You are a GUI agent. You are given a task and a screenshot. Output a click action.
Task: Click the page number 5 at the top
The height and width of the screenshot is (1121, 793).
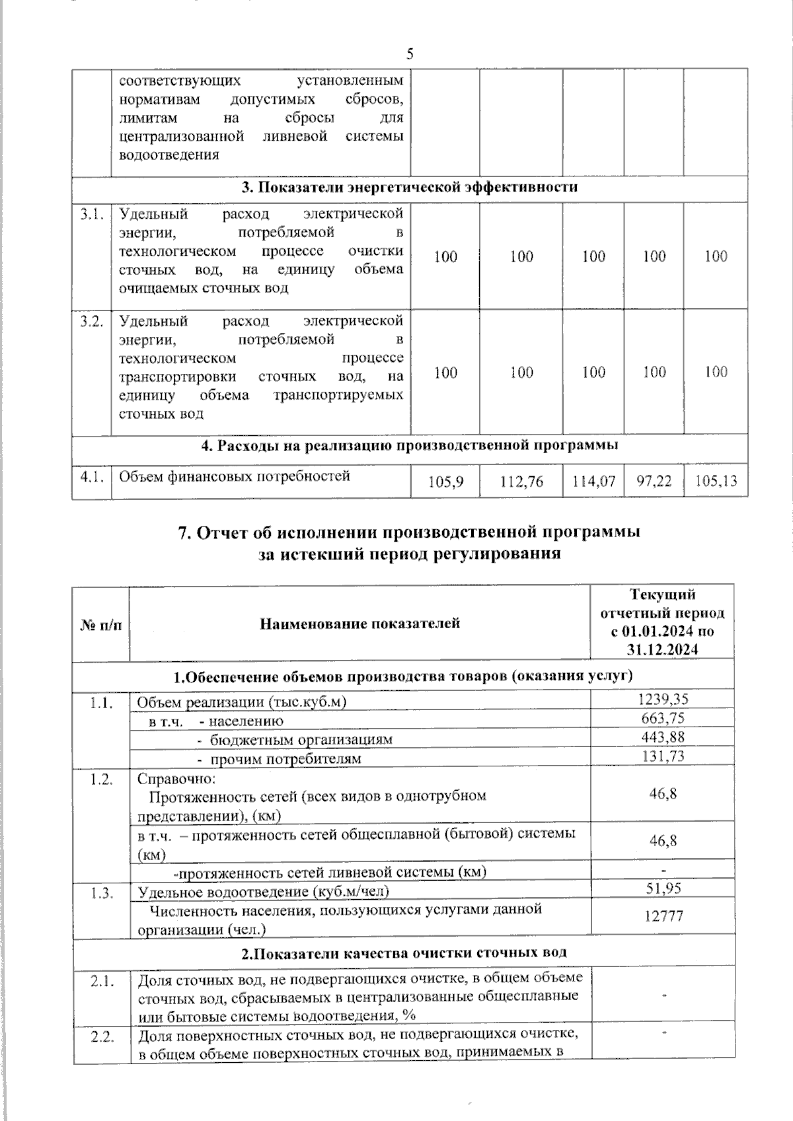pyautogui.click(x=410, y=54)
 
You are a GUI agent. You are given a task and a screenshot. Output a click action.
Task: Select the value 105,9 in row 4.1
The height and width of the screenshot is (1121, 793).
pyautogui.click(x=445, y=482)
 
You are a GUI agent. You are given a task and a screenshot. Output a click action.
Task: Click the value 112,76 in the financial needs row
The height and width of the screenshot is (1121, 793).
pyautogui.click(x=521, y=482)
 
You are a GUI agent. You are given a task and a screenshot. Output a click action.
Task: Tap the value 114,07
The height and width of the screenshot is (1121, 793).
pyautogui.click(x=593, y=482)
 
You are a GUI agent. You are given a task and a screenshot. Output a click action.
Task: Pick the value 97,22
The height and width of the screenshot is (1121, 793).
pyautogui.click(x=654, y=482)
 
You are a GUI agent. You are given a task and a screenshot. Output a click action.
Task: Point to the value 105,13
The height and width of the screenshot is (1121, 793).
pyautogui.click(x=716, y=482)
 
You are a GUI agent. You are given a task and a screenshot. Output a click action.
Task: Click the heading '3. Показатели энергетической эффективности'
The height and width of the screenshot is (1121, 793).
pyautogui.click(x=409, y=187)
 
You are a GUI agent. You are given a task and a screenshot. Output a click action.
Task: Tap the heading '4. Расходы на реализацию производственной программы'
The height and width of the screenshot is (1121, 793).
pyautogui.click(x=409, y=446)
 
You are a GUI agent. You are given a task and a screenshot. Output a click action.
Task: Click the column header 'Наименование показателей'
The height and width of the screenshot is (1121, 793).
pyautogui.click(x=359, y=623)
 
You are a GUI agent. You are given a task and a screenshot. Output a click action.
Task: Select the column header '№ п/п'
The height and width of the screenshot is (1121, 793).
pyautogui.click(x=101, y=624)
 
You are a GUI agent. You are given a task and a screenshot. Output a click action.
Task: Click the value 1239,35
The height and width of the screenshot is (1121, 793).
pyautogui.click(x=662, y=700)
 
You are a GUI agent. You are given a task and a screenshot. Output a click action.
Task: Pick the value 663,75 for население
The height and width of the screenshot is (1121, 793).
pyautogui.click(x=662, y=719)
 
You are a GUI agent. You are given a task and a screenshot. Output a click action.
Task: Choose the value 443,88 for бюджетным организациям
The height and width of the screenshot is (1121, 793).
pyautogui.click(x=662, y=737)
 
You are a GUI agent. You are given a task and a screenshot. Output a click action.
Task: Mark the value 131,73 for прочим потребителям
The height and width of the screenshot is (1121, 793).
pyautogui.click(x=662, y=756)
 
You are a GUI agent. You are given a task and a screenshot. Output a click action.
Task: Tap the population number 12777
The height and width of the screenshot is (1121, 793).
pyautogui.click(x=663, y=916)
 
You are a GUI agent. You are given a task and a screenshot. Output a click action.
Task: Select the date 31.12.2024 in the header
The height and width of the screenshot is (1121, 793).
pyautogui.click(x=663, y=650)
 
